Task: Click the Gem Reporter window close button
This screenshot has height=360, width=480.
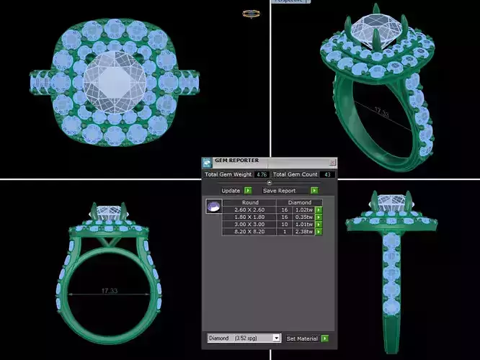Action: [332, 163]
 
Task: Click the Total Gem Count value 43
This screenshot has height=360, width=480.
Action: [326, 174]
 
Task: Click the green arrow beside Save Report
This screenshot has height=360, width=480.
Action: [314, 191]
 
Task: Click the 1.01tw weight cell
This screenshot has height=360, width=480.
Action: [303, 225]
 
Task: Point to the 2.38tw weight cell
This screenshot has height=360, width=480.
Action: [303, 232]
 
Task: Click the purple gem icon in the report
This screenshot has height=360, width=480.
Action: [213, 207]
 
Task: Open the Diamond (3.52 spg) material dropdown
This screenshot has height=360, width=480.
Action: [244, 338]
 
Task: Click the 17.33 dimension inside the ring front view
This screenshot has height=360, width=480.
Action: [110, 292]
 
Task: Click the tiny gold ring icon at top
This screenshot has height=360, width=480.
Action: [251, 13]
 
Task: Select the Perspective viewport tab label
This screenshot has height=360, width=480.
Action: [289, 1]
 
